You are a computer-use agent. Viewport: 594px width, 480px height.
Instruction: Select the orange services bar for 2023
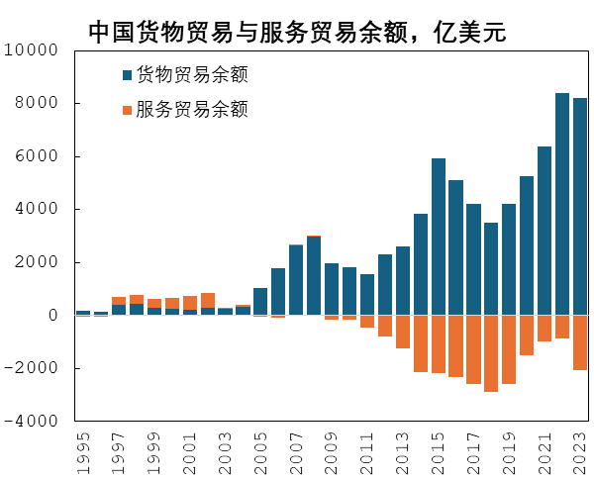tap(579, 342)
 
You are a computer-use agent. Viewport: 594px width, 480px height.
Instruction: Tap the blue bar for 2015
tap(439, 237)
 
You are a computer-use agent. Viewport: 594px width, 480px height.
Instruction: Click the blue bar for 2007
tap(296, 280)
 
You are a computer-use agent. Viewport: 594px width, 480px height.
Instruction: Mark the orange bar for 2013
tap(403, 332)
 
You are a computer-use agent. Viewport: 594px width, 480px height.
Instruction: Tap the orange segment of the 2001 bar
tap(190, 303)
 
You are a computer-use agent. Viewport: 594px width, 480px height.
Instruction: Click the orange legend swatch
tap(127, 109)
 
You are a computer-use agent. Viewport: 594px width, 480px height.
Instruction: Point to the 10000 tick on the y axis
tap(36, 49)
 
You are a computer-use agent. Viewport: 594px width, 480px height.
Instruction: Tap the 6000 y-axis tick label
tap(40, 156)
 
